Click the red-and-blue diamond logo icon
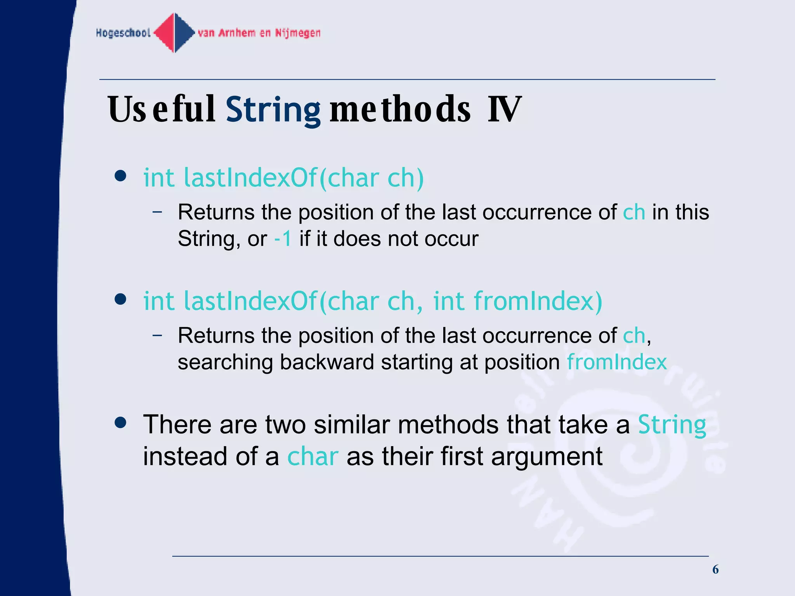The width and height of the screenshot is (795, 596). pyautogui.click(x=174, y=33)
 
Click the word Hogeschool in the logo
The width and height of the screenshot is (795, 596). pyautogui.click(x=123, y=33)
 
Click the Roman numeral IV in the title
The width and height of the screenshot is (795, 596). pyautogui.click(x=504, y=110)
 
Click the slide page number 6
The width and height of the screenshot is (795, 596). pyautogui.click(x=715, y=570)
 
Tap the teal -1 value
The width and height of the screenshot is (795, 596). pyautogui.click(x=283, y=239)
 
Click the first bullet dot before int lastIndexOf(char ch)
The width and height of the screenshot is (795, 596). pyautogui.click(x=121, y=176)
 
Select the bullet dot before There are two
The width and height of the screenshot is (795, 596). pyautogui.click(x=121, y=423)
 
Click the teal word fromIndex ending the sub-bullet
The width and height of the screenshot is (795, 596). pyautogui.click(x=616, y=362)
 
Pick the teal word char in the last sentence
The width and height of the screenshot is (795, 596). pyautogui.click(x=312, y=456)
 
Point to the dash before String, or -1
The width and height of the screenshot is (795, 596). pyautogui.click(x=157, y=212)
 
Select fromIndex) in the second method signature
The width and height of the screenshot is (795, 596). pyautogui.click(x=538, y=301)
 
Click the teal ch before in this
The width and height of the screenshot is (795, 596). pyautogui.click(x=634, y=212)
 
